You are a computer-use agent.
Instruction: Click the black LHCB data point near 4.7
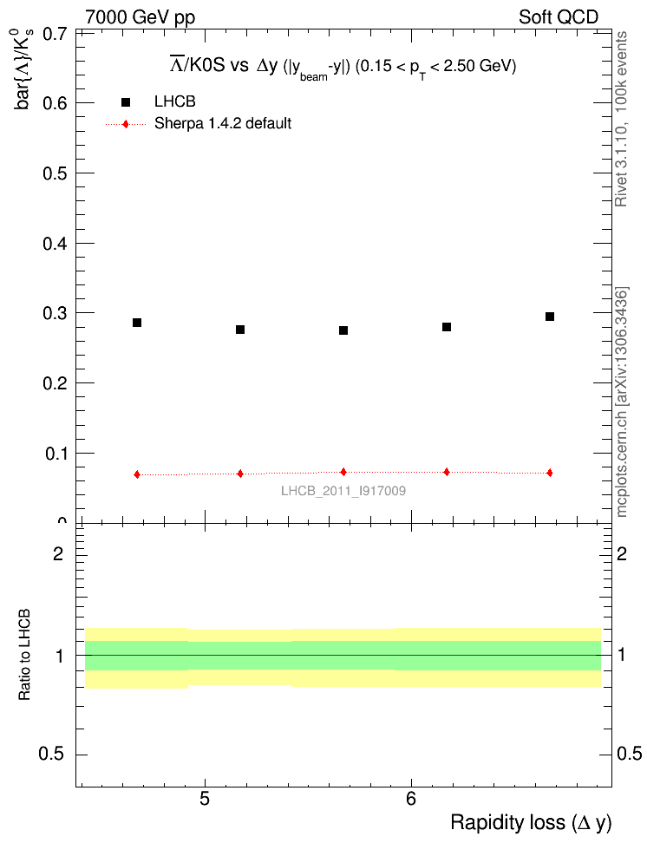(137, 323)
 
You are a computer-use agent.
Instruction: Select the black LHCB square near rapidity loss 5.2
(240, 330)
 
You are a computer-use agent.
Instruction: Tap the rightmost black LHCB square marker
(550, 317)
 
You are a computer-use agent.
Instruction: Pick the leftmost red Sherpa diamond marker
(137, 474)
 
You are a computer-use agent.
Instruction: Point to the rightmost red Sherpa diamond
(550, 473)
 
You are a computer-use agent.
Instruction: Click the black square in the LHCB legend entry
(126, 102)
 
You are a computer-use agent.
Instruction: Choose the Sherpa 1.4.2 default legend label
(223, 124)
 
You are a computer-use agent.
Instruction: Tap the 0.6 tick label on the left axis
(56, 103)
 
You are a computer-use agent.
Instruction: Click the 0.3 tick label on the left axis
(56, 313)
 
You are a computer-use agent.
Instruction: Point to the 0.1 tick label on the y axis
(56, 454)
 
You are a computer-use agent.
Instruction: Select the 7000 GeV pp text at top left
(141, 16)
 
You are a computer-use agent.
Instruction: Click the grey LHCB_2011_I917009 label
(343, 491)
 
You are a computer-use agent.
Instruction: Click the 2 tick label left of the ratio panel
(59, 554)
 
